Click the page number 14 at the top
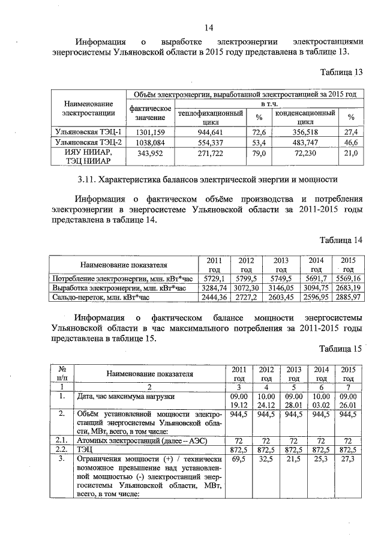pyautogui.click(x=209, y=28)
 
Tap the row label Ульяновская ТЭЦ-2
pyautogui.click(x=88, y=142)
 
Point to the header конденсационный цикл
pyautogui.click(x=305, y=116)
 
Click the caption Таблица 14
pyautogui.click(x=342, y=241)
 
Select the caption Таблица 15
pyautogui.click(x=342, y=349)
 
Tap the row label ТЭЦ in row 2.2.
pyautogui.click(x=85, y=448)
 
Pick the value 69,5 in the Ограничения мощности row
pyautogui.click(x=239, y=458)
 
